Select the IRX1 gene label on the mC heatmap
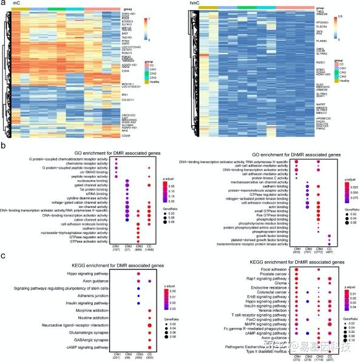pyautogui.click(x=107, y=95)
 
